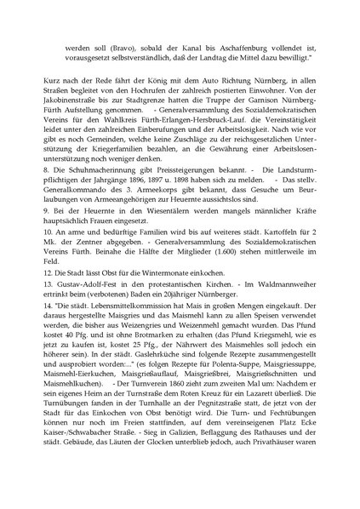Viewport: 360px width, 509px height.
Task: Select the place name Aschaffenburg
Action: (x=254, y=42)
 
